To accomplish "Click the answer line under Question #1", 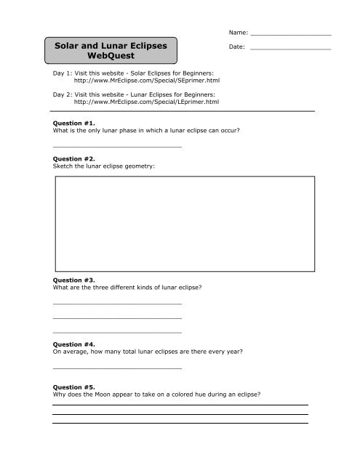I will point(117,147).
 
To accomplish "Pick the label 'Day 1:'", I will point(65,75).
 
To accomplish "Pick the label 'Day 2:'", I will point(65,94).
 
